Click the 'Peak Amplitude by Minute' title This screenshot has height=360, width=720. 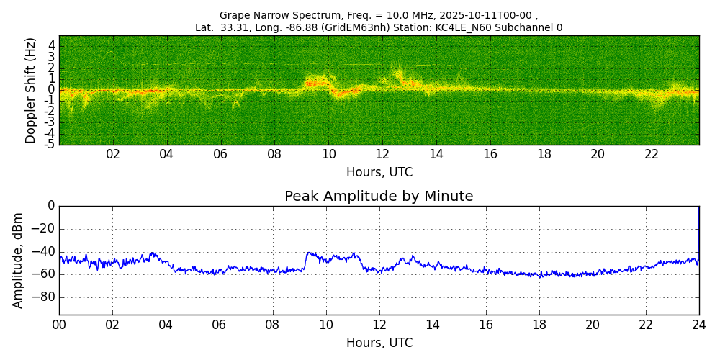click(x=379, y=197)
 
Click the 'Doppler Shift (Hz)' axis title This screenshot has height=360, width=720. click(x=31, y=91)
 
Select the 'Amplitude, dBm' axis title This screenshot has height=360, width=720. click(x=18, y=260)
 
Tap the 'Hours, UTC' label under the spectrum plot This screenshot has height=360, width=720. click(x=379, y=173)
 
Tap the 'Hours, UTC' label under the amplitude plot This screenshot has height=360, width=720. click(x=379, y=343)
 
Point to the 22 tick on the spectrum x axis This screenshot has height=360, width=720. click(x=652, y=155)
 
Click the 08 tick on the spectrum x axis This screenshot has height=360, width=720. click(x=274, y=155)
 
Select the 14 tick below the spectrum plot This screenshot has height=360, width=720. click(x=436, y=155)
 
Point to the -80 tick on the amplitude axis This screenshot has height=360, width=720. click(x=45, y=297)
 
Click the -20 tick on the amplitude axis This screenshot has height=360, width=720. click(x=45, y=229)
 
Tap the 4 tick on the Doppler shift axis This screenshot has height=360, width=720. click(x=51, y=45)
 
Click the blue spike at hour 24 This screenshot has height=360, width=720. click(x=698, y=223)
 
